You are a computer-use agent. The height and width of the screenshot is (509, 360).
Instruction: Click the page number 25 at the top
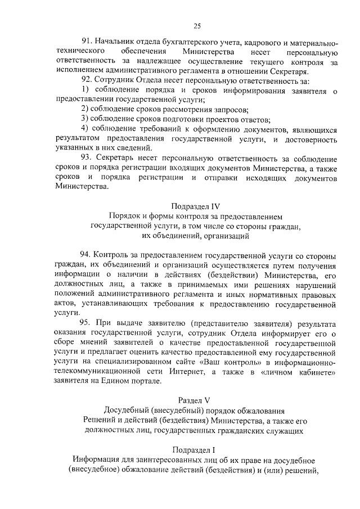click(197, 25)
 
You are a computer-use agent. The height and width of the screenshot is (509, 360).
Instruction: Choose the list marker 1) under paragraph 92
click(85, 90)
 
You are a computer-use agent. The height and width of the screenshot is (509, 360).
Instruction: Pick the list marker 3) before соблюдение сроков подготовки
click(85, 119)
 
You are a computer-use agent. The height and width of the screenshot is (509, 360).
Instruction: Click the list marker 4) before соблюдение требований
click(85, 129)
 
